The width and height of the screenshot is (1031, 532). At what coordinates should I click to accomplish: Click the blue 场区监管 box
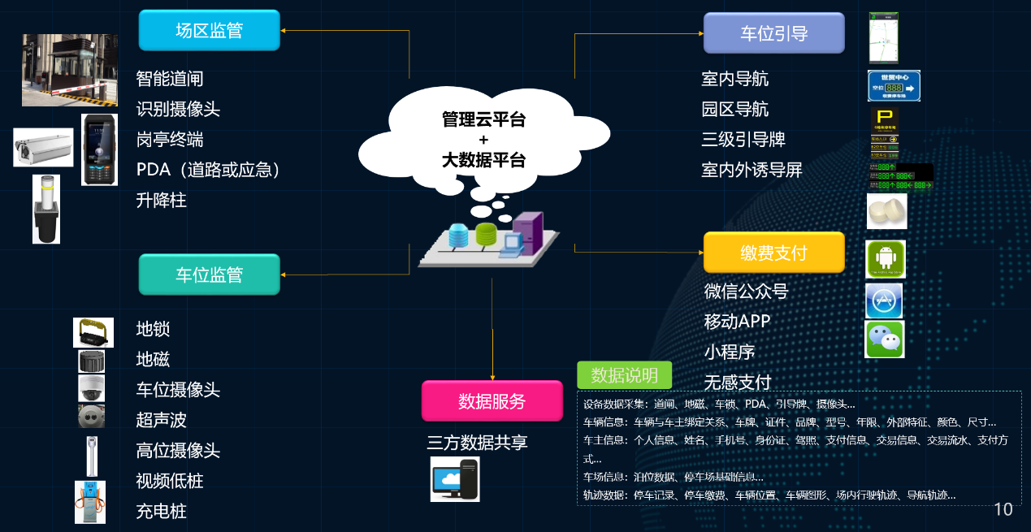(x=209, y=31)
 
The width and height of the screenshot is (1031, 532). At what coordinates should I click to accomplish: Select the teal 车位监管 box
(x=209, y=275)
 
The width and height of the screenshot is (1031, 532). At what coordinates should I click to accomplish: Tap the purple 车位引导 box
(x=773, y=33)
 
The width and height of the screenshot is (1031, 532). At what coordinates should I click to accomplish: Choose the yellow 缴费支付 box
(x=773, y=253)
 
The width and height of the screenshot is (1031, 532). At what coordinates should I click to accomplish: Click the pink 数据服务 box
(x=492, y=401)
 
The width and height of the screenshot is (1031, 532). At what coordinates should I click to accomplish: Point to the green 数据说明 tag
(x=624, y=375)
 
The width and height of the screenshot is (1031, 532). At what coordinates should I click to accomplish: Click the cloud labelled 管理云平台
(x=483, y=140)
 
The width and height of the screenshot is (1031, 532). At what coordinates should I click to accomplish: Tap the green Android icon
(x=885, y=259)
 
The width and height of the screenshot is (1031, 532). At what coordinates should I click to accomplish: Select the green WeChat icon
(x=884, y=340)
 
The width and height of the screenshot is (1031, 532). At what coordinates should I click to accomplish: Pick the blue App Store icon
(x=884, y=301)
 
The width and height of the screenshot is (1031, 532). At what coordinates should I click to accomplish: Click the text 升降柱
(x=161, y=200)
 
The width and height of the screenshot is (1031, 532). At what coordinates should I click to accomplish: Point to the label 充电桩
(x=161, y=512)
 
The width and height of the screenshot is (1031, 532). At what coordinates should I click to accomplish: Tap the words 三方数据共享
(x=477, y=443)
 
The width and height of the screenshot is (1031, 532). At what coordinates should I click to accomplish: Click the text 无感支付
(x=737, y=382)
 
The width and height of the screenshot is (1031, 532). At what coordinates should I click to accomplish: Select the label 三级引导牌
(x=743, y=140)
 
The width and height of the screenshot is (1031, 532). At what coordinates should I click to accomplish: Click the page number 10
(x=1003, y=509)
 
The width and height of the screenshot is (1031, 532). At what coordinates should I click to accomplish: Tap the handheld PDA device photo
(x=99, y=149)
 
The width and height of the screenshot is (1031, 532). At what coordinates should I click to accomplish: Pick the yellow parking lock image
(x=93, y=332)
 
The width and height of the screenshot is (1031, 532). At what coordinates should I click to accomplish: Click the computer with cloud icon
(x=455, y=479)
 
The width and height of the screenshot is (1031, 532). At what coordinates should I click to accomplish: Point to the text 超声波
(x=161, y=420)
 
